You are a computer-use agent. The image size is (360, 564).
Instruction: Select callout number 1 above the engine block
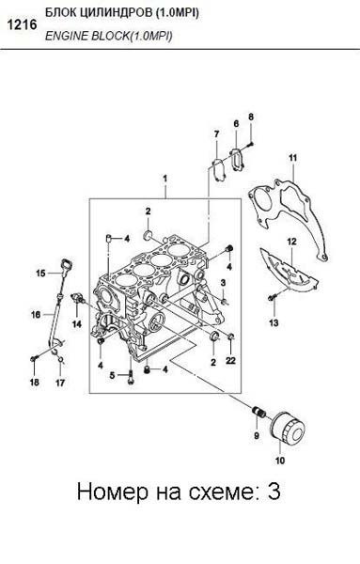(164, 178)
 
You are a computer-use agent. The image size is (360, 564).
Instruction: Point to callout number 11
(292, 156)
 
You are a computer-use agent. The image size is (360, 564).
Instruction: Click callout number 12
(291, 242)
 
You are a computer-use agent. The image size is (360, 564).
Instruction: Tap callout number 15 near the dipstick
(40, 274)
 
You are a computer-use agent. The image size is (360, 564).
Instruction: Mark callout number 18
(34, 383)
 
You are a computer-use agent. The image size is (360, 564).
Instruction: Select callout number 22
(230, 361)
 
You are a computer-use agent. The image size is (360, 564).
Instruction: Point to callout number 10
(278, 462)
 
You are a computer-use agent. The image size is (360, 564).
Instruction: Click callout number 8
(251, 116)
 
